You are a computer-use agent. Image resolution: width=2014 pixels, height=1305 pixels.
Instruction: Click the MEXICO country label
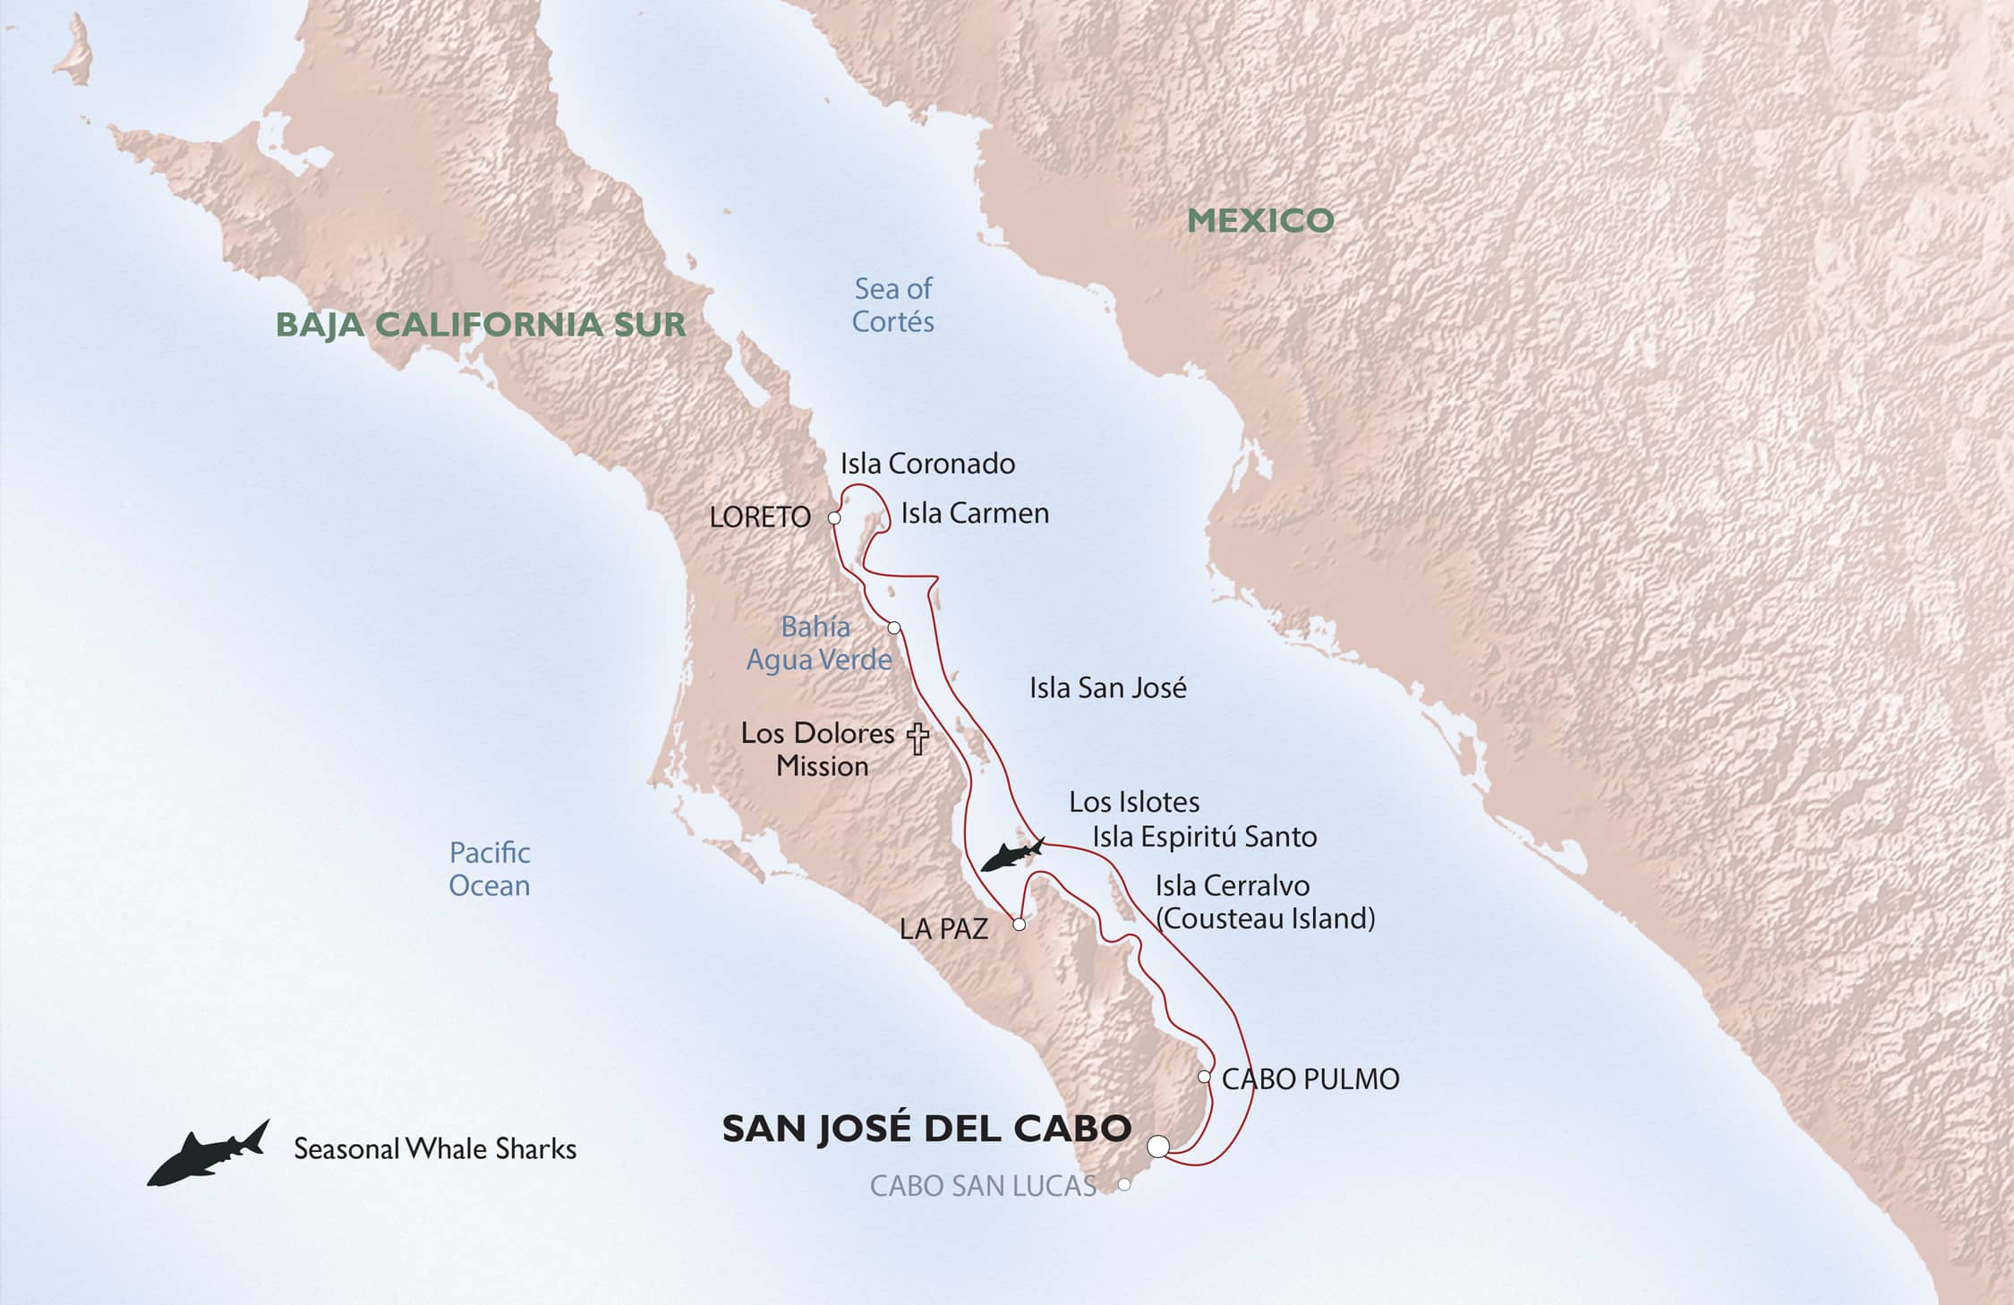pos(1260,220)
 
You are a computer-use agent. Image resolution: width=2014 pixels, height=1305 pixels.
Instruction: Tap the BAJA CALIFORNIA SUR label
pos(481,324)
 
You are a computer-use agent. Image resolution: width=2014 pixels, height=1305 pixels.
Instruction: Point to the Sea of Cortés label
pos(892,305)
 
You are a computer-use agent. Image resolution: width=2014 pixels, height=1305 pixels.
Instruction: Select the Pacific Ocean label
pos(490,869)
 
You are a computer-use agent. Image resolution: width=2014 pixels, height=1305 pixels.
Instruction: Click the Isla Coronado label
pos(927,464)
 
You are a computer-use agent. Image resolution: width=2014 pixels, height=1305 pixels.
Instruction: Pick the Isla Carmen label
pos(975,514)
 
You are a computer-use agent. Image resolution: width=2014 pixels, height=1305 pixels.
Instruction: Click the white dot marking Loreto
pos(834,517)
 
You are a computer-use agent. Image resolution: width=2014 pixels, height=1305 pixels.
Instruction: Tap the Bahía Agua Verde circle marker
pos(893,627)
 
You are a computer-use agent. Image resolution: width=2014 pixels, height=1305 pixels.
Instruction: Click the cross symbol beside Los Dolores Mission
pos(917,738)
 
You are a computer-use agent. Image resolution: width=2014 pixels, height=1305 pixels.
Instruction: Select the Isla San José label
pos(1107,688)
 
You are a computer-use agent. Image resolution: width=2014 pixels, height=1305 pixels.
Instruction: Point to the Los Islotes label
pos(1134,802)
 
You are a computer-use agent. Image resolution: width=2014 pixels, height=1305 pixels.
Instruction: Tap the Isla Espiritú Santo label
pos(1204,837)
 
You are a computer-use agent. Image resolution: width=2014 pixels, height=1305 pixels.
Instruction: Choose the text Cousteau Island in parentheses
pos(1266,918)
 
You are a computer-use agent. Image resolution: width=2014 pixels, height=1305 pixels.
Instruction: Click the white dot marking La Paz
pos(1019,925)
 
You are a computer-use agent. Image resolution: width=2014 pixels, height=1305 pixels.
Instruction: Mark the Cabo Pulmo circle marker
pos(1205,1077)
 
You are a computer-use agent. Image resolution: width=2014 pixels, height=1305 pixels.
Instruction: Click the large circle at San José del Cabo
pos(1158,1146)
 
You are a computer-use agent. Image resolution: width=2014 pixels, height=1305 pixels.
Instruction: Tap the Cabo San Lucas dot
pos(1124,1184)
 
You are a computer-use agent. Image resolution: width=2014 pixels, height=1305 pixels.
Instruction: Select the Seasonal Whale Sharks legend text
pos(435,1149)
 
